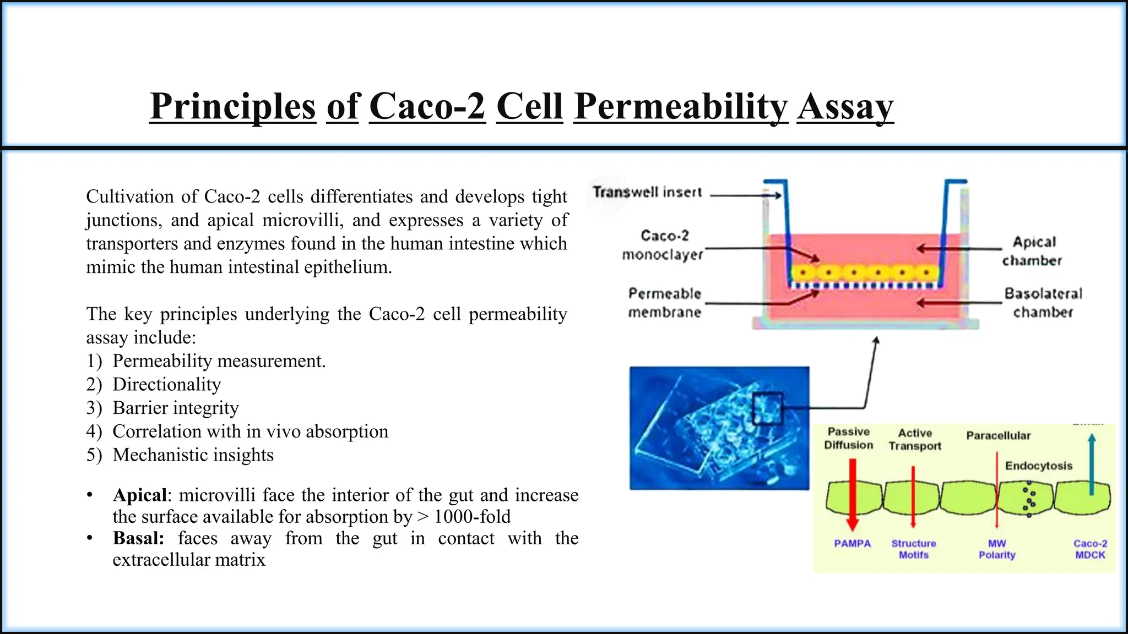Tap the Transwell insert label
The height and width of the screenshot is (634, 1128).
pos(647,192)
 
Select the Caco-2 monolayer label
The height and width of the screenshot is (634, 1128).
pos(663,245)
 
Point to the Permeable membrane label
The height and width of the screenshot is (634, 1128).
pos(665,303)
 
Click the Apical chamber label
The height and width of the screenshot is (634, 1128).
pos(1033,251)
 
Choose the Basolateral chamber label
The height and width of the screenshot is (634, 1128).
pos(1043,303)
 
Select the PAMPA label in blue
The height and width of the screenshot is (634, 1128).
pos(852,543)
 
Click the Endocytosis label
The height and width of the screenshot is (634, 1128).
pos(1038,466)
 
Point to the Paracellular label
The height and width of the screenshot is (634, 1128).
pos(998,435)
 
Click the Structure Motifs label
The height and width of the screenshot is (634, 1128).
pos(913,549)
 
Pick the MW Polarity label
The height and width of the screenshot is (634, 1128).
pos(997,549)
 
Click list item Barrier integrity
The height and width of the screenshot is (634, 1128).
pos(176,408)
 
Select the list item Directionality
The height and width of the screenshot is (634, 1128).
pos(166,384)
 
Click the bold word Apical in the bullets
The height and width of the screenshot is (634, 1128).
pos(139,495)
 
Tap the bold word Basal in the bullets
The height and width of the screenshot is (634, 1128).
pos(138,538)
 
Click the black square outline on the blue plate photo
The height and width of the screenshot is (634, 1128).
pos(767,408)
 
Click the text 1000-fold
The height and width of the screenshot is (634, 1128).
pos(472,516)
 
